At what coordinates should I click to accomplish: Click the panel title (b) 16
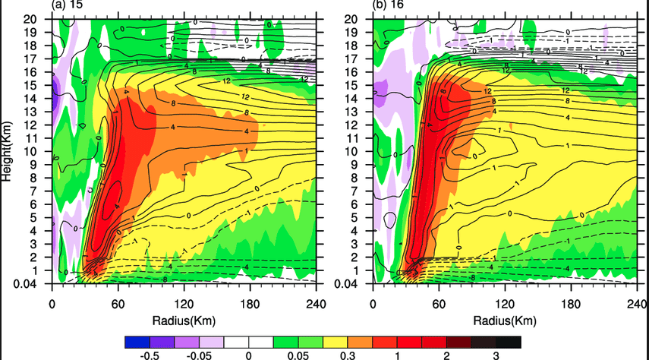[388, 5]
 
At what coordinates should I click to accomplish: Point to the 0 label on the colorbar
[248, 355]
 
